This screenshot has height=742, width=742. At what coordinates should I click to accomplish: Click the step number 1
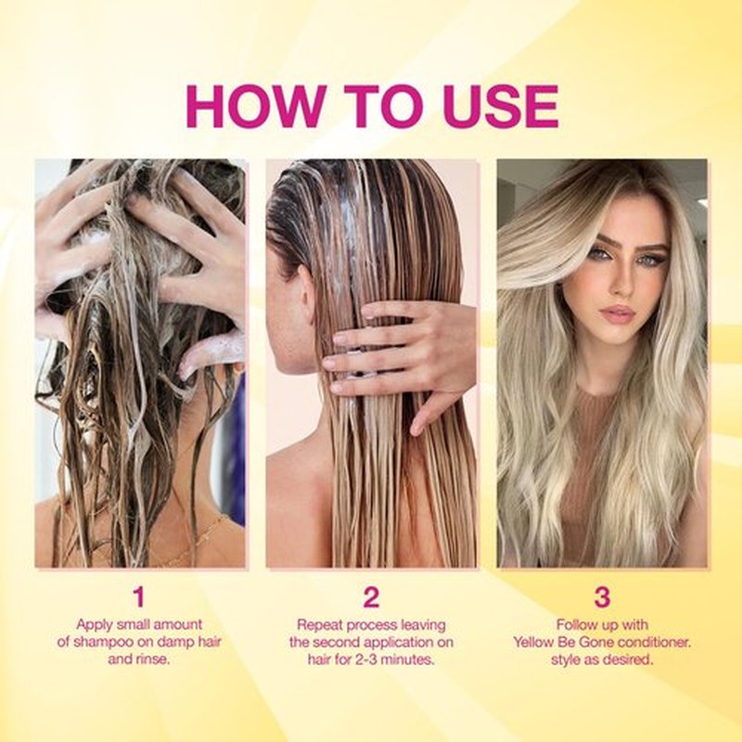[x=138, y=596]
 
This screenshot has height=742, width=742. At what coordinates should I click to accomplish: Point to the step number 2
[x=371, y=596]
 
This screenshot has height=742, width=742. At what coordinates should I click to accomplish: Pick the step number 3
[x=602, y=596]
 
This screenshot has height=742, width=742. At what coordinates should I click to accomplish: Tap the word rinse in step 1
[x=152, y=659]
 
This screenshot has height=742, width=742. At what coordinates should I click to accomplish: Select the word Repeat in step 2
[x=319, y=625]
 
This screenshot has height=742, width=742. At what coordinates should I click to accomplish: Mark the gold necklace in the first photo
[x=198, y=535]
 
